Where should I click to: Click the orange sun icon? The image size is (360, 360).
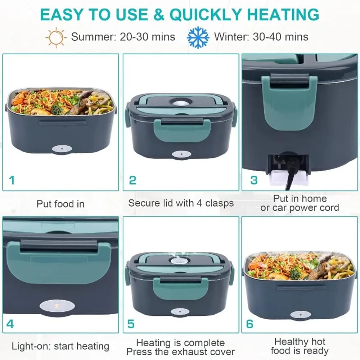(x=57, y=37)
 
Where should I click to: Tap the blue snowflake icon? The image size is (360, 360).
(x=198, y=37)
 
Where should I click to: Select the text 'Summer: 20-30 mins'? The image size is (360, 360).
(x=123, y=37)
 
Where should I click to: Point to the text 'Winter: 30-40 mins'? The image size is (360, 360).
(x=261, y=37)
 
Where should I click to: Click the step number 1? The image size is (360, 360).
(x=12, y=180)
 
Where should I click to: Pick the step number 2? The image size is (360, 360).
(x=132, y=180)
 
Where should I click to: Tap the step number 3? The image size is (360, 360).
(x=254, y=180)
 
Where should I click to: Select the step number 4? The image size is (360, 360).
(x=10, y=324)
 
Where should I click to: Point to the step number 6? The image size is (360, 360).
(x=249, y=324)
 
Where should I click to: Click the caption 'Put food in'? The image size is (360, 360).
(x=60, y=204)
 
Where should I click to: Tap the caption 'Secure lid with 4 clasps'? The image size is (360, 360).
(x=181, y=203)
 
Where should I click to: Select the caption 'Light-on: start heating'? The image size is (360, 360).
(x=60, y=346)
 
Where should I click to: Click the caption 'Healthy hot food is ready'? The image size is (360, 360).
(x=300, y=346)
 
